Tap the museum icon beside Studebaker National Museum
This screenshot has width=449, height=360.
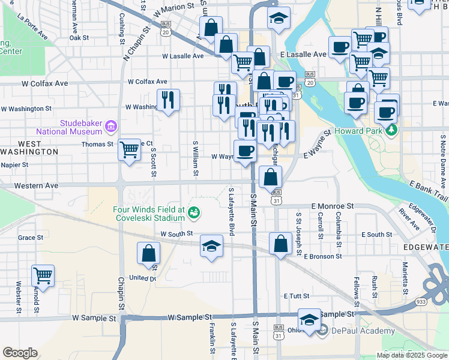pyautogui.click(x=110, y=127)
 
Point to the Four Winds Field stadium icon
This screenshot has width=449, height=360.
pyautogui.click(x=193, y=212)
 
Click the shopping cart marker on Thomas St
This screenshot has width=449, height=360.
pyautogui.click(x=130, y=150)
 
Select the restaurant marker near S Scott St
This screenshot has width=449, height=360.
pyautogui.click(x=168, y=100)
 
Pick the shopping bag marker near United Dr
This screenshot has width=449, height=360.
pyautogui.click(x=148, y=253)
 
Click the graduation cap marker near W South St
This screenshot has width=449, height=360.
pyautogui.click(x=211, y=247)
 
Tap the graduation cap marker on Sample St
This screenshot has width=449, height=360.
pyautogui.click(x=309, y=319)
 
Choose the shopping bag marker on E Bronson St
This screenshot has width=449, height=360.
pyautogui.click(x=280, y=244)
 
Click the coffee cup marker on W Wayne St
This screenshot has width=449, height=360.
pyautogui.click(x=244, y=151)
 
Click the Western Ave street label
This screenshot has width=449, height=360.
pyautogui.click(x=37, y=186)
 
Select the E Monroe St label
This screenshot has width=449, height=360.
pyautogui.click(x=332, y=205)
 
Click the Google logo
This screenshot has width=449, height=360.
pyautogui.click(x=20, y=353)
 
